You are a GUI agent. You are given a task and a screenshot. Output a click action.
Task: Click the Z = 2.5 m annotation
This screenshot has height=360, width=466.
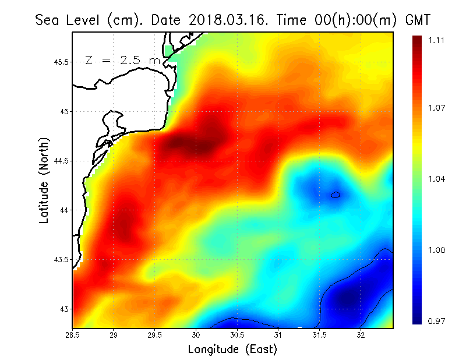pos(122,60)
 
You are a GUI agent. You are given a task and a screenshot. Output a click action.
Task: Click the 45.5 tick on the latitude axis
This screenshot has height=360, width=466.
pos(60,62)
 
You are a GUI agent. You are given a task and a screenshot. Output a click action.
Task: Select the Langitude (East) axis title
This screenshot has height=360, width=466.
pos(232,350)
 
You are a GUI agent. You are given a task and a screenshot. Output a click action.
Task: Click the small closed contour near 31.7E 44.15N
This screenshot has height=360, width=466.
pos(336,195)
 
